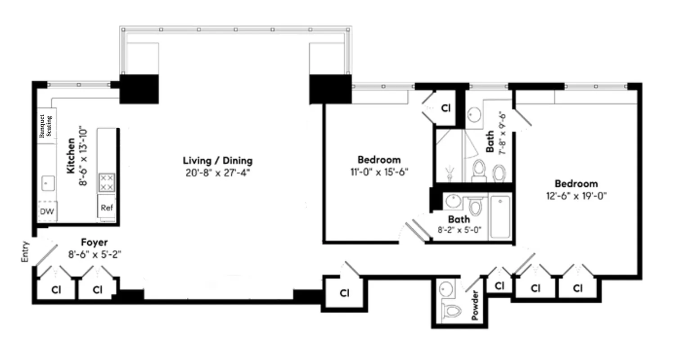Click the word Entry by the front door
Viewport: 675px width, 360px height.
(x=25, y=252)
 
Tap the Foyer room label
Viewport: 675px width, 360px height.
(x=94, y=243)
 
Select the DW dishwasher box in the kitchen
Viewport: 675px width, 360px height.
(x=47, y=212)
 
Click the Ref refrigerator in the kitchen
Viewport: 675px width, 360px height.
(x=107, y=208)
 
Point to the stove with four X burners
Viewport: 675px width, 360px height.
(x=107, y=182)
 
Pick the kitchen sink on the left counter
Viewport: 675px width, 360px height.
(x=47, y=183)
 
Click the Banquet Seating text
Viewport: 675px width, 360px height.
(x=45, y=126)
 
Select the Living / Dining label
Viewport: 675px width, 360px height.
(x=217, y=160)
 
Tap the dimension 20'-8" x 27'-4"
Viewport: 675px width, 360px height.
(x=217, y=173)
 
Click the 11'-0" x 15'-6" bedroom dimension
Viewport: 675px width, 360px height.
(x=379, y=172)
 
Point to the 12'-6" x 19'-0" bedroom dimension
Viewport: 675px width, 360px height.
(x=576, y=196)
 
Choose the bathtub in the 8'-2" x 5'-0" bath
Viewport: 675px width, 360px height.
(x=500, y=216)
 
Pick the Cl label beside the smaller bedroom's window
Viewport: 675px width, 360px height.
(x=445, y=108)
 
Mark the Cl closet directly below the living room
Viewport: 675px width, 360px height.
(x=344, y=293)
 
